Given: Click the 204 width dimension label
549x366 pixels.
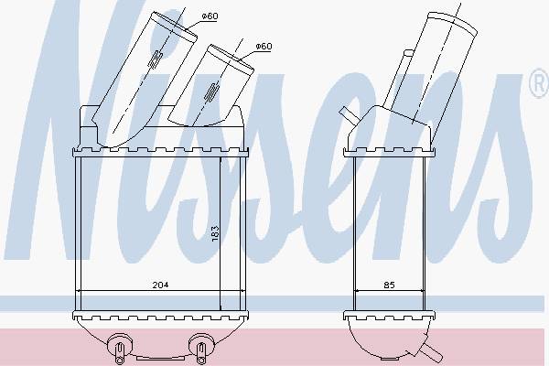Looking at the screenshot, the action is coord(160,285).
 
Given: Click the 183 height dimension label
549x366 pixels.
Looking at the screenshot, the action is coord(215,233).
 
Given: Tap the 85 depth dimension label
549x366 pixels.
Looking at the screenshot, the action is coord(389,285).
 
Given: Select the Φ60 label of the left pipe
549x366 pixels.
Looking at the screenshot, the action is coord(210,16).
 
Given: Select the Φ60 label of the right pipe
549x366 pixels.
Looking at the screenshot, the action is coord(264,46).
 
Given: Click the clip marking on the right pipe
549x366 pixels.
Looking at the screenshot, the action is coord(211,93).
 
